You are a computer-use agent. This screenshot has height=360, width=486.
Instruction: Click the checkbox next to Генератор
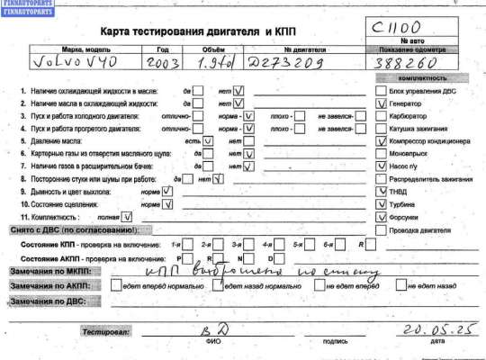click(382, 104)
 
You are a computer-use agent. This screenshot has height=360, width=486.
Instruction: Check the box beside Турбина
click(382, 204)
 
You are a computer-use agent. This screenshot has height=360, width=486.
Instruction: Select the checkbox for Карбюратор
click(382, 117)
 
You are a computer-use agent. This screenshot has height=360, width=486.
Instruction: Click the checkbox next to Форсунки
click(382, 217)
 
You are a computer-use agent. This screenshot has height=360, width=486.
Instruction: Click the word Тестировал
click(106, 332)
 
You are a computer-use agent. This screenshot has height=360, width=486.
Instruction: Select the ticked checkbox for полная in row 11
click(126, 217)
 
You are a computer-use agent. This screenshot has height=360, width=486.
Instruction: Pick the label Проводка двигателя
click(422, 230)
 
